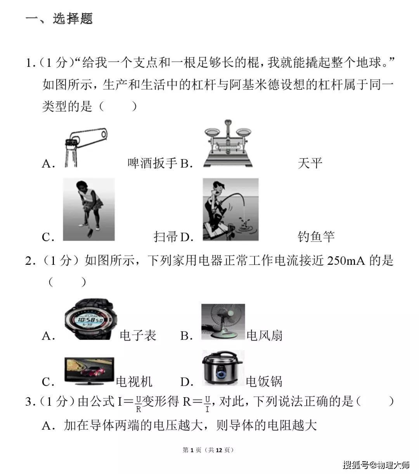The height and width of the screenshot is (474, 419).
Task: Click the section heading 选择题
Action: click(x=73, y=19)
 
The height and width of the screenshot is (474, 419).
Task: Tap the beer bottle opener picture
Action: click(x=86, y=148)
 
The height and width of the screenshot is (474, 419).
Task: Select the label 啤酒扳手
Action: click(x=152, y=163)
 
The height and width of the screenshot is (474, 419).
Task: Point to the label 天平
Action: click(x=310, y=163)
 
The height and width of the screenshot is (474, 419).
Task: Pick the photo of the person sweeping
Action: click(x=89, y=210)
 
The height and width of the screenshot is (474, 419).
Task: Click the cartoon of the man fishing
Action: click(x=230, y=210)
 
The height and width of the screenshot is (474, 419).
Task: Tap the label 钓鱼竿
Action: click(x=316, y=236)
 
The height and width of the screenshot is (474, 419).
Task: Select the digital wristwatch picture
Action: click(x=91, y=319)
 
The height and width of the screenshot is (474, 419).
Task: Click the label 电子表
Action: click(x=138, y=335)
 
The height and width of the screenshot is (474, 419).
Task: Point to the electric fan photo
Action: click(x=223, y=322)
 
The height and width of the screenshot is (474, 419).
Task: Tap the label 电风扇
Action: click(x=265, y=335)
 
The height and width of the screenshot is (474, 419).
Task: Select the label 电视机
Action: click(x=134, y=382)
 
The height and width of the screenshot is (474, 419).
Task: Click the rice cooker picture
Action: click(x=223, y=368)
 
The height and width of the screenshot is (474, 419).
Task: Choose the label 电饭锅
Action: click(x=264, y=382)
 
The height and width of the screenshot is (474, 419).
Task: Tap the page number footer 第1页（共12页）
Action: click(x=208, y=450)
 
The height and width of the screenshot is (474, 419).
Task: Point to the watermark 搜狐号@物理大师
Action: click(x=376, y=465)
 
